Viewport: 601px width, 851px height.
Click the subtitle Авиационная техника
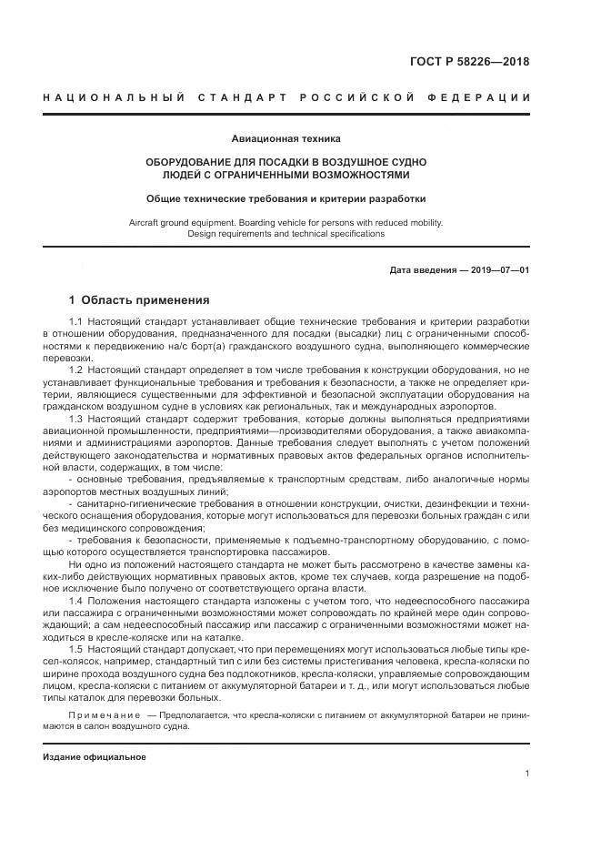[285, 139]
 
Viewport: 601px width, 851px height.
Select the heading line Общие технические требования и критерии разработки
[286, 198]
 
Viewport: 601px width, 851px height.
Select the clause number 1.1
[76, 323]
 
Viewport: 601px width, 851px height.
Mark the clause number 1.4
[76, 603]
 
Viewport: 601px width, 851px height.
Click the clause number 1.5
[76, 650]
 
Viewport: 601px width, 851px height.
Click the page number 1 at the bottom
[526, 774]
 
